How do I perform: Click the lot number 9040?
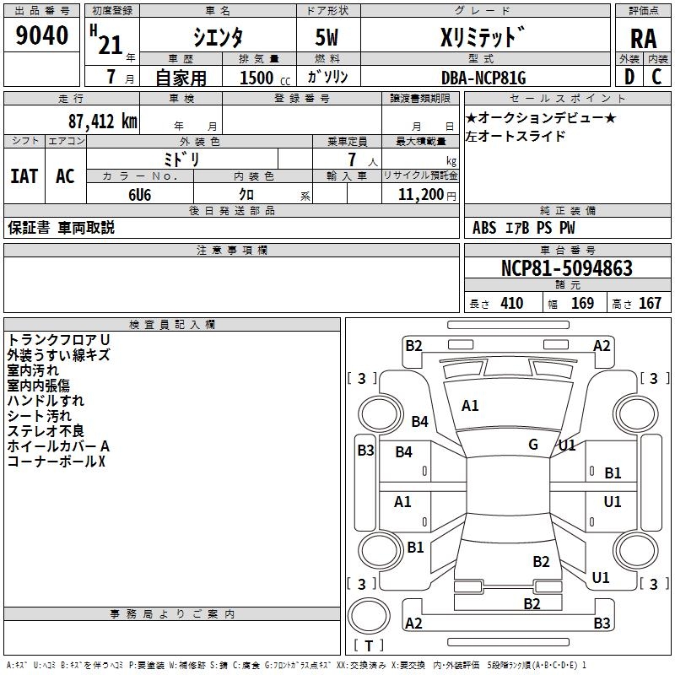point(42,36)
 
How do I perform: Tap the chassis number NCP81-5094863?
point(566,268)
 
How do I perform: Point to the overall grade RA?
point(643,39)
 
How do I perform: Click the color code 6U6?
point(139,194)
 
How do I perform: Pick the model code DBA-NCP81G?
point(483,78)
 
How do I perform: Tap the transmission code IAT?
point(24,176)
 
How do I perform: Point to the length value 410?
point(511,304)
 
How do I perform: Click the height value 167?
point(650,304)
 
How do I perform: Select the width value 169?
point(582,304)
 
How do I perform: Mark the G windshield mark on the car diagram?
point(533,445)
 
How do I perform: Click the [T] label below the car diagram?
point(369,645)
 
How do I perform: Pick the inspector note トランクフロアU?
point(58,339)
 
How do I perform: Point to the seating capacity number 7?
point(351,159)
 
